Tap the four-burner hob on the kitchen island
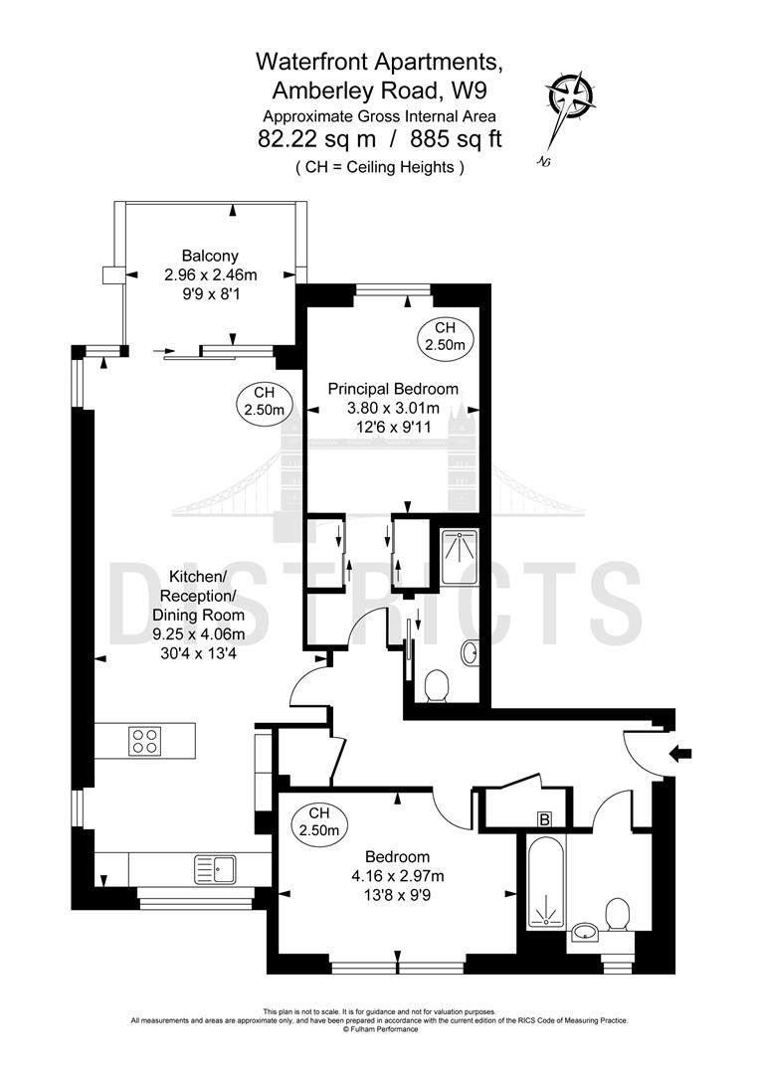tap(145, 741)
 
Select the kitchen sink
tap(216, 869)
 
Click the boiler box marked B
tap(544, 818)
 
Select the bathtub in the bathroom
tap(542, 885)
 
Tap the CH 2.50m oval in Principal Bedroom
tap(444, 336)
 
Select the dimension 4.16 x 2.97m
tap(397, 875)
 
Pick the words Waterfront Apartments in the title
tap(379, 62)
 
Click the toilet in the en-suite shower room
tap(436, 686)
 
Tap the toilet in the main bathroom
tap(618, 915)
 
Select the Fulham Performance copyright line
tap(381, 1029)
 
